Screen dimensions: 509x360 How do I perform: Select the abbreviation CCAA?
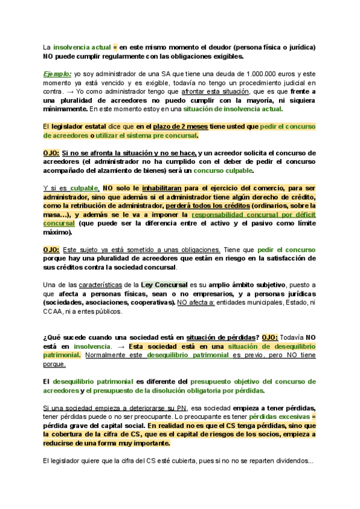pos(54,312)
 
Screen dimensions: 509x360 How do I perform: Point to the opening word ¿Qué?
pos(50,337)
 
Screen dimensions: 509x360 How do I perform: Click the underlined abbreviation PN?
pos(167,408)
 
